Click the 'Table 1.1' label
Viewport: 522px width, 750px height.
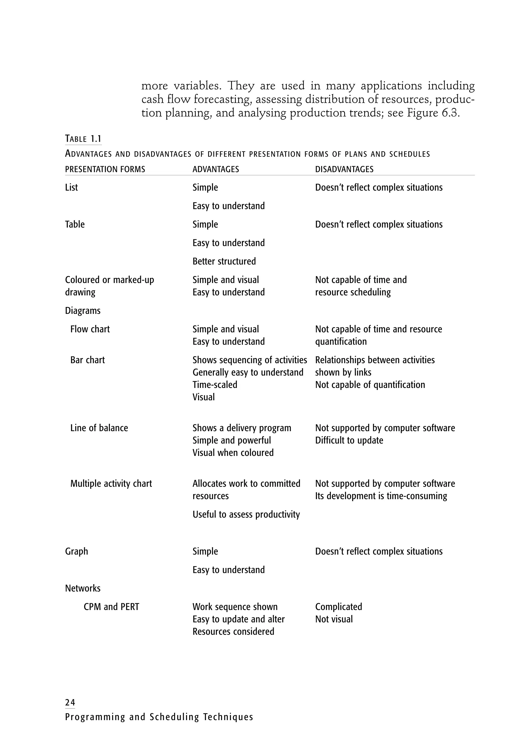tap(83, 139)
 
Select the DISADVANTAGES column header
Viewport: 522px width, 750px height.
tap(344, 169)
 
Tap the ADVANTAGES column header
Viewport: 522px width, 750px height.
tap(216, 169)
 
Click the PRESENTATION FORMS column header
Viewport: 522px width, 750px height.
tap(105, 169)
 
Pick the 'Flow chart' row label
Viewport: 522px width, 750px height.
tap(90, 329)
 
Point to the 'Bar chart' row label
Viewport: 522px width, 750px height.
tap(87, 360)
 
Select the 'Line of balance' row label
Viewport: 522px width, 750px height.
tap(99, 428)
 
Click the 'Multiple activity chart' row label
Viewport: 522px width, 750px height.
tap(111, 483)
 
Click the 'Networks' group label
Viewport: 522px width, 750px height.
tap(83, 588)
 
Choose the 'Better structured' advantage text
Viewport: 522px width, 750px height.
tap(224, 261)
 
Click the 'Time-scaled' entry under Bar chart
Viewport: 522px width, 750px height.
tap(215, 385)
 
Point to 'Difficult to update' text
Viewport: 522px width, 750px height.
tap(349, 440)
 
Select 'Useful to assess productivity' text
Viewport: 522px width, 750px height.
tap(246, 515)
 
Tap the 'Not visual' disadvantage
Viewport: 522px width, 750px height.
tap(334, 619)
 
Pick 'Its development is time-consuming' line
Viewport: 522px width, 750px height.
tap(381, 496)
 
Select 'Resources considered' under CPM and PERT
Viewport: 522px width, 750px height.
tap(233, 631)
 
